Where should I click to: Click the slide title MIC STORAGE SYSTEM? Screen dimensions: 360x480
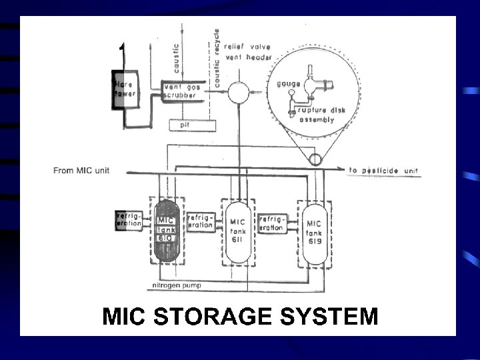pos(239,315)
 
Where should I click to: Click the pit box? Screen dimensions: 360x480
pos(191,124)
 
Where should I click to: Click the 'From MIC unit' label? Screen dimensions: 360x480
pos(81,171)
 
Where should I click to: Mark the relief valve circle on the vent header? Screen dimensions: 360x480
pos(237,91)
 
